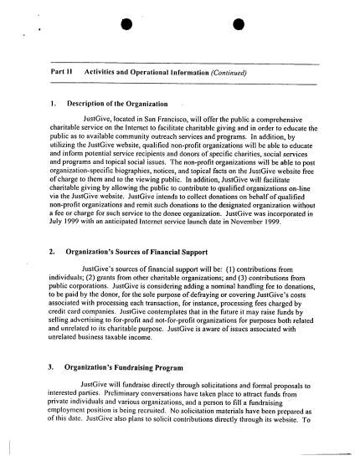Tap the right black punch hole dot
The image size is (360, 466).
(237, 15)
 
